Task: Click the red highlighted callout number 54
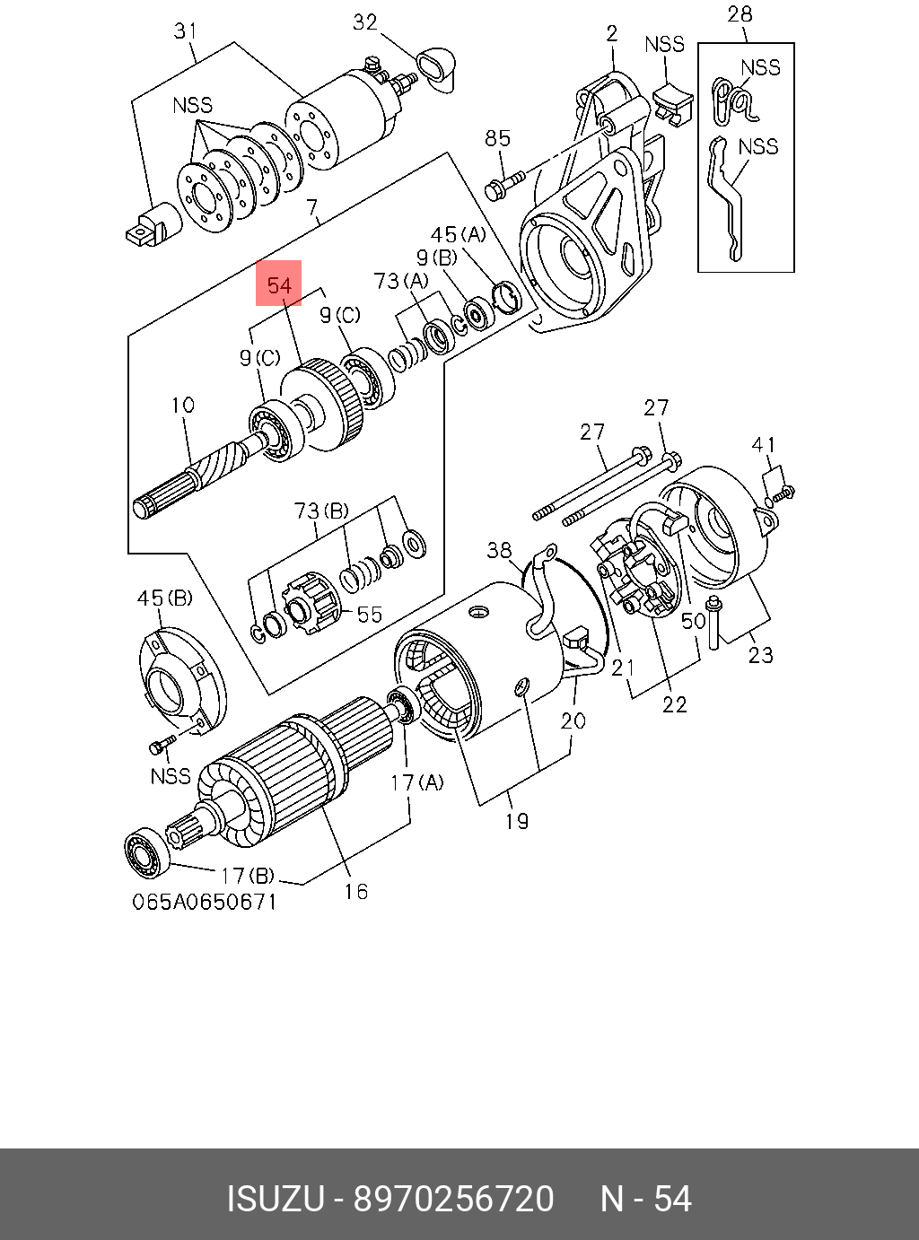[x=279, y=284]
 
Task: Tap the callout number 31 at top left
[x=185, y=31]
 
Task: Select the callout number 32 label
[x=365, y=22]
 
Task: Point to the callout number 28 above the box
[x=740, y=14]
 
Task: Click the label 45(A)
[x=458, y=235]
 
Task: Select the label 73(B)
[x=320, y=511]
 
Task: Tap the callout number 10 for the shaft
[x=182, y=406]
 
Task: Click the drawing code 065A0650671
[x=205, y=902]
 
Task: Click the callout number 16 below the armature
[x=356, y=891]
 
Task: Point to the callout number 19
[x=516, y=820]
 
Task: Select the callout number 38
[x=499, y=550]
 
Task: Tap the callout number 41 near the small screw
[x=764, y=445]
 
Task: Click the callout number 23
[x=760, y=655]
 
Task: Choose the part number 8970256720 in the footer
[x=454, y=1200]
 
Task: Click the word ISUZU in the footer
[x=274, y=1200]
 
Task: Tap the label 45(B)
[x=164, y=598]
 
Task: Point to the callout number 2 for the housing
[x=611, y=34]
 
